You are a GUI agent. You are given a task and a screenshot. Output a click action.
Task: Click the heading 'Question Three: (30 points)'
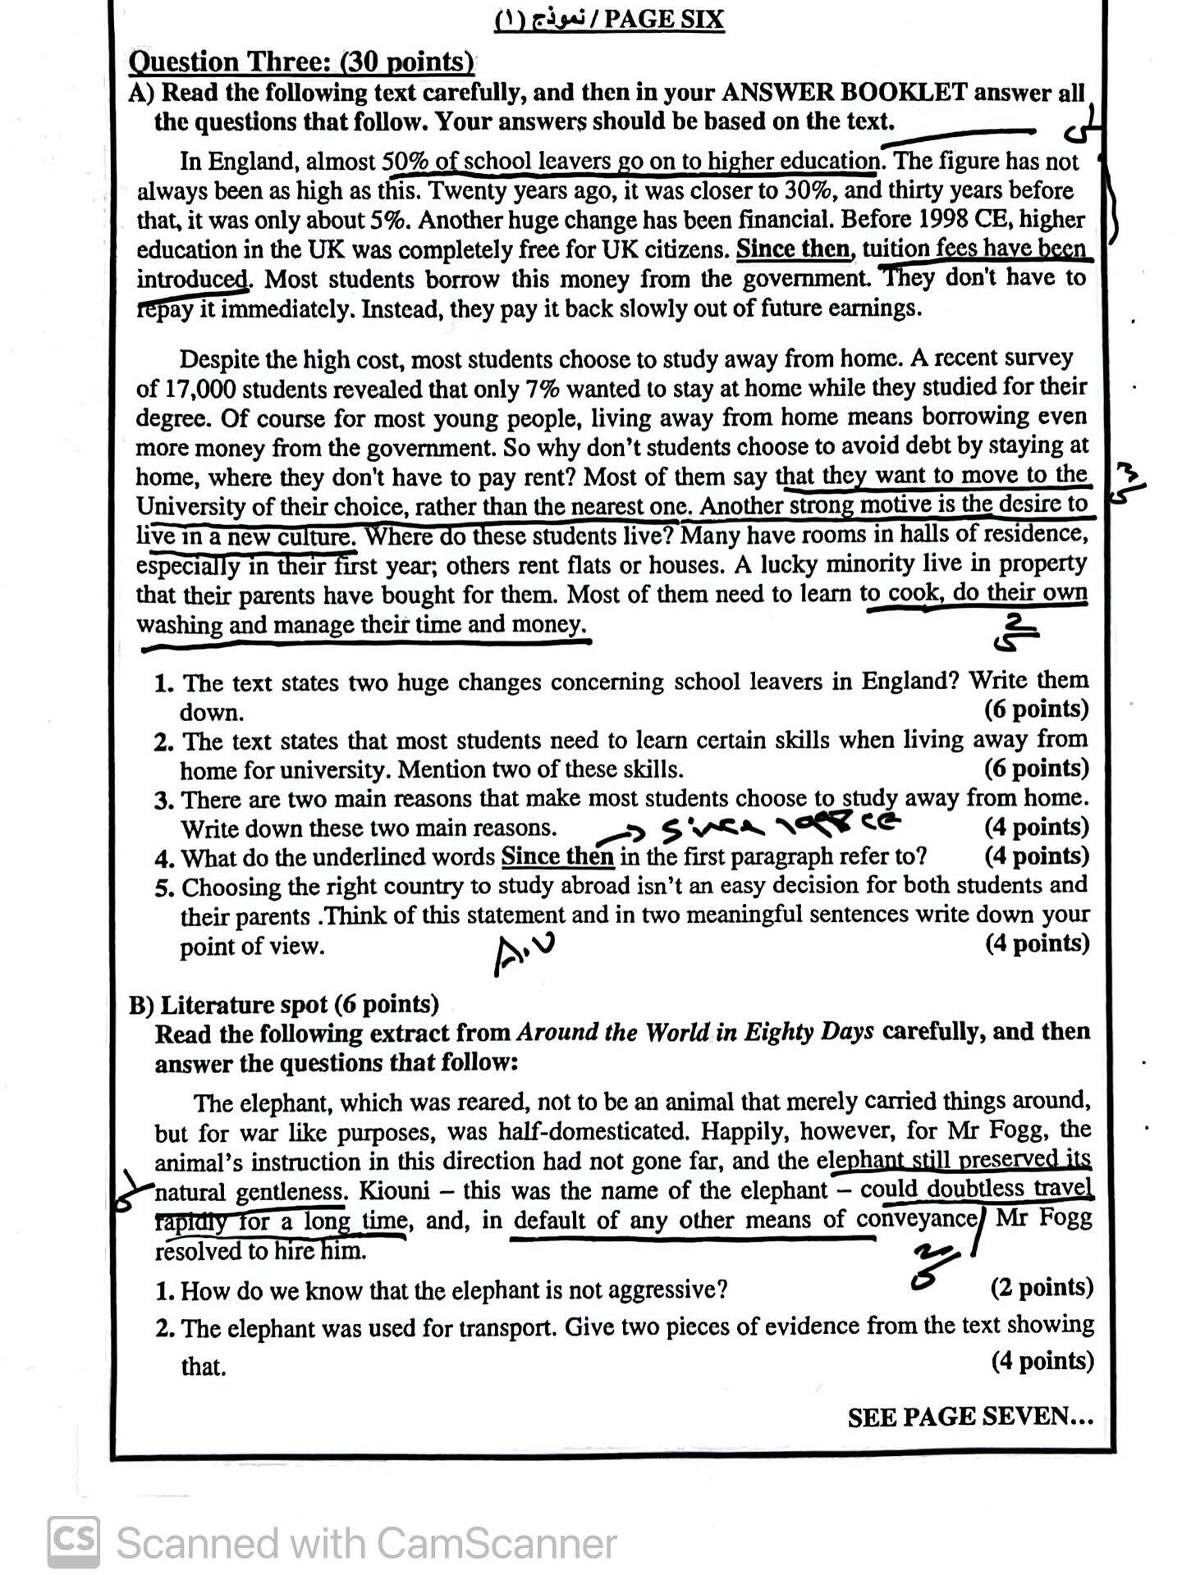point(301,62)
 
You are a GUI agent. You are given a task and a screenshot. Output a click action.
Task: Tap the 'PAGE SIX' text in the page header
point(663,19)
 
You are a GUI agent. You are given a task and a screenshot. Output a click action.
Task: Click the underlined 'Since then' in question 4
point(557,857)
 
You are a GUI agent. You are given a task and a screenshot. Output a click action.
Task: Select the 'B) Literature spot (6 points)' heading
point(283,1004)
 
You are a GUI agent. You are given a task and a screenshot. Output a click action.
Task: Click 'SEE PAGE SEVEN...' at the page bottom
point(970,1417)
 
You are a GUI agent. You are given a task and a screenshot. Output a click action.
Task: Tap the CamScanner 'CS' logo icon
point(74,1541)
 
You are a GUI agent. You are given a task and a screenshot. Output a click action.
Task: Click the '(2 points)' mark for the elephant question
point(1042,1287)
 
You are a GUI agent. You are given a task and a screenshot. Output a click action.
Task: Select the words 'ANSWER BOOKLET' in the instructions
point(845,92)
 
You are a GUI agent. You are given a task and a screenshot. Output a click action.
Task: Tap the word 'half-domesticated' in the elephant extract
point(591,1132)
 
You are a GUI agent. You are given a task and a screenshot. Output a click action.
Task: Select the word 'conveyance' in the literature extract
point(917,1220)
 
